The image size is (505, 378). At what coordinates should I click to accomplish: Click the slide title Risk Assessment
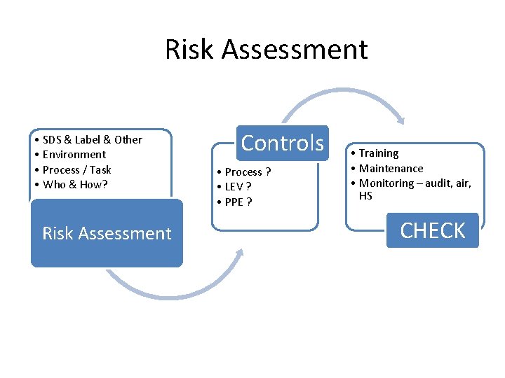(x=266, y=50)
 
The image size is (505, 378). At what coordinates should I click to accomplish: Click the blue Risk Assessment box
(x=107, y=233)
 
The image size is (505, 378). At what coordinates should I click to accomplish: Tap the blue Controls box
(x=282, y=143)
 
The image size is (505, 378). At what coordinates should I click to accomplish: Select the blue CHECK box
(x=432, y=230)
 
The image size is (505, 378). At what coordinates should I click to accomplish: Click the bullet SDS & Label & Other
(x=92, y=139)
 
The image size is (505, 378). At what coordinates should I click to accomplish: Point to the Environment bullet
(x=74, y=155)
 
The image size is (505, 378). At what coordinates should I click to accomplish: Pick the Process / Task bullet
(x=76, y=169)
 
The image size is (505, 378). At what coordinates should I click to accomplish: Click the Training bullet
(x=378, y=153)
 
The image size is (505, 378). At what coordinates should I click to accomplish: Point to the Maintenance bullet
(x=391, y=169)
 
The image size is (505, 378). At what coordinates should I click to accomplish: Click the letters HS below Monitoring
(x=365, y=196)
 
